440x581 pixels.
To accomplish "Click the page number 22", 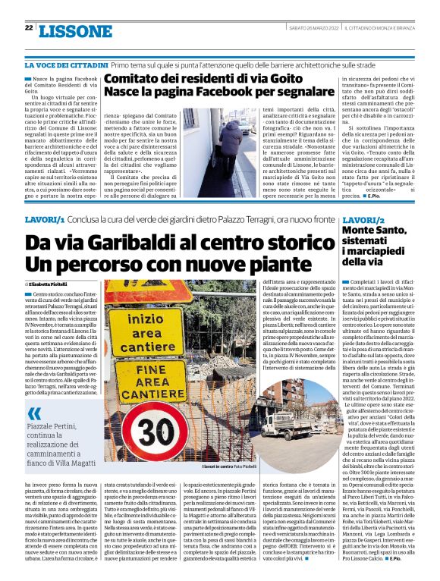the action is (x=29, y=28).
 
